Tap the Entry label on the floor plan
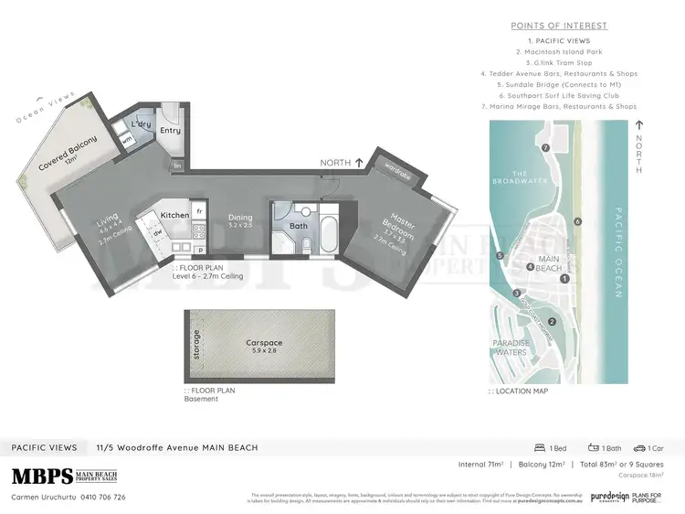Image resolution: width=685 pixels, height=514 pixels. [x=171, y=131]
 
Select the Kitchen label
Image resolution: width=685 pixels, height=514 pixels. [x=174, y=215]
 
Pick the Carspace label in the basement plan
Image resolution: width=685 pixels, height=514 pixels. [x=264, y=343]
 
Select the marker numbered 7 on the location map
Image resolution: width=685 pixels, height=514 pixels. [x=545, y=147]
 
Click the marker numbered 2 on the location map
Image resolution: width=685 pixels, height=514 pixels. [x=553, y=321]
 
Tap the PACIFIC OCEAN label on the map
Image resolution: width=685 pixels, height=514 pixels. [x=619, y=252]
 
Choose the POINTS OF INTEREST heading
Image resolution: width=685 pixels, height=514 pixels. [x=559, y=26]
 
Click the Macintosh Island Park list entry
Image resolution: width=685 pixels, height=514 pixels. [x=559, y=51]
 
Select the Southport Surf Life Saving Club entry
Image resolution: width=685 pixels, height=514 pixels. [x=559, y=95]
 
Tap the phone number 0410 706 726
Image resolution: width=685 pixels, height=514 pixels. [x=102, y=498]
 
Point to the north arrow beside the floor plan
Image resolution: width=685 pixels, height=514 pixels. [x=358, y=162]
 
